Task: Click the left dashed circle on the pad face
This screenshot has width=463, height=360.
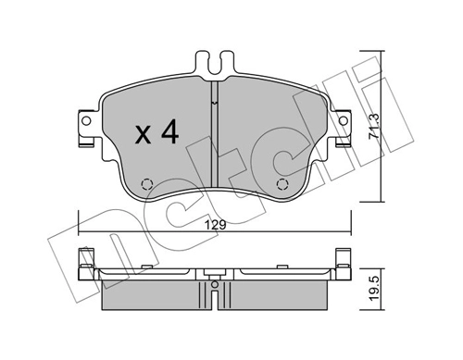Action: tap(146, 183)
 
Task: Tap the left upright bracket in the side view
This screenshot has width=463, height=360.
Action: tap(89, 263)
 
